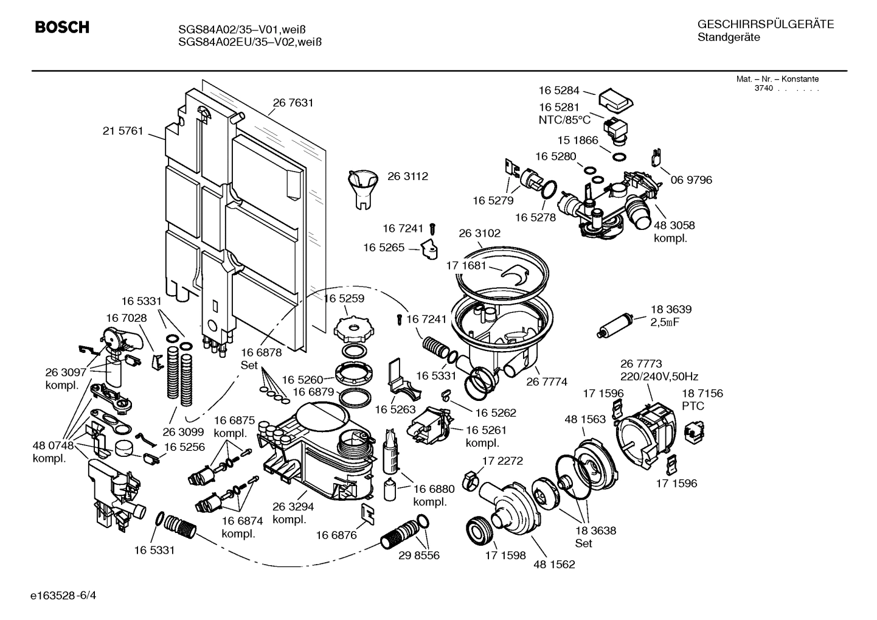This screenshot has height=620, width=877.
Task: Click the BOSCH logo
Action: [x=61, y=27]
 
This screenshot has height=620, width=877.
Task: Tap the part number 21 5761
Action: [x=122, y=131]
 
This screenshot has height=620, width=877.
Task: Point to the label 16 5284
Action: [x=559, y=91]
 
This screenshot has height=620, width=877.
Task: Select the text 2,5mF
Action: [x=665, y=322]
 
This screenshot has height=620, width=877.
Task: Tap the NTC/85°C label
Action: [x=564, y=120]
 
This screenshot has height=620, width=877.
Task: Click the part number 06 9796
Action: [x=691, y=179]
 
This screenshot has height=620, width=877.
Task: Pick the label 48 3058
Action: [x=674, y=225]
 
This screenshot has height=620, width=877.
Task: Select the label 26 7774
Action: [x=546, y=381]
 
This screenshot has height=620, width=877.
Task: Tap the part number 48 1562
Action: [x=554, y=564]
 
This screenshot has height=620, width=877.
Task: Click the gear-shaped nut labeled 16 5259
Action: [x=352, y=327]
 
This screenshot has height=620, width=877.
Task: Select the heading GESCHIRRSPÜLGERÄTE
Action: [x=765, y=24]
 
